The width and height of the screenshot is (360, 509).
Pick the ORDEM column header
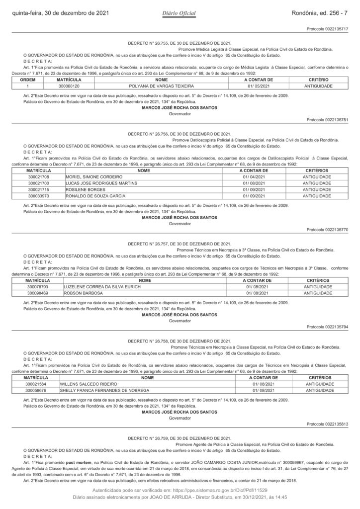(x=22, y=80)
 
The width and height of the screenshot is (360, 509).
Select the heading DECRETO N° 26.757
(x=179, y=244)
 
